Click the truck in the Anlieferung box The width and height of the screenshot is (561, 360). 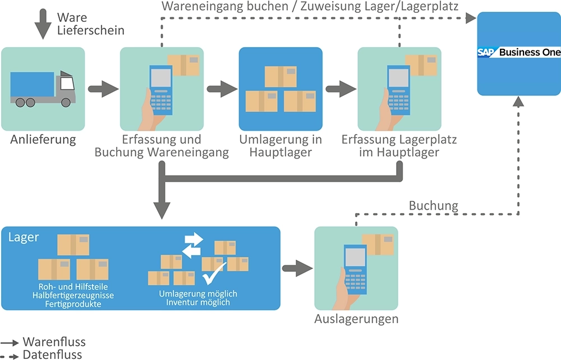(43, 89)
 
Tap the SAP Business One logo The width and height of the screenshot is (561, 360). (519, 52)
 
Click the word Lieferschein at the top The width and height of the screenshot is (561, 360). (91, 30)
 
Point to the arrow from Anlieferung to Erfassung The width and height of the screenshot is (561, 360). (103, 88)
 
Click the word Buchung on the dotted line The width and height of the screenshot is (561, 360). (433, 206)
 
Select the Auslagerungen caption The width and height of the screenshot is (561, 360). (356, 319)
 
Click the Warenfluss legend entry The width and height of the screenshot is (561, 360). (54, 341)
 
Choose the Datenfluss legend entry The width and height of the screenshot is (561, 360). (52, 354)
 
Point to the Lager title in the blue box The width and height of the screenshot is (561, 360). (24, 237)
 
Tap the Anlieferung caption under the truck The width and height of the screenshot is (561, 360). (43, 140)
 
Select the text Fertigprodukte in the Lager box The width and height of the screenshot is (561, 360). (75, 304)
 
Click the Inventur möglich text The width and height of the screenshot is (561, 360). (198, 302)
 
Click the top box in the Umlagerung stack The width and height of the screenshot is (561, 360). (280, 76)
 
